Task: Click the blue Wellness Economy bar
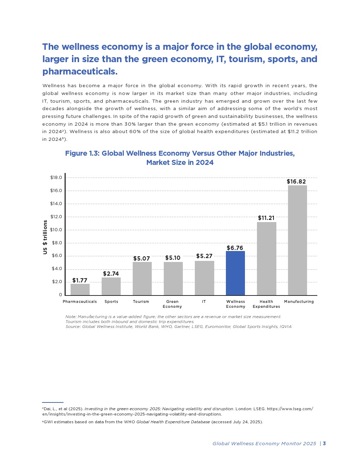[235, 273]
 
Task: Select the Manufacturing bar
[297, 240]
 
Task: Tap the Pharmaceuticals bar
[80, 289]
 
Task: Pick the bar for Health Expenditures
[266, 258]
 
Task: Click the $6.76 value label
[235, 248]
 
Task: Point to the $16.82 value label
[296, 181]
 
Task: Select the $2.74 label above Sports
[111, 274]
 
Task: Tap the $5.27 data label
[204, 256]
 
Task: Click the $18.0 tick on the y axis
[56, 178]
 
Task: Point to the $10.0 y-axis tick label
[56, 230]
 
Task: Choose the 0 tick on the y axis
[60, 295]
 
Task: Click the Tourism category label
[141, 301]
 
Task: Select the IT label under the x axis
[204, 301]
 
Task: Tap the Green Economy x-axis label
[172, 304]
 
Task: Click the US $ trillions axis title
[45, 237]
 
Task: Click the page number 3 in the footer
[324, 443]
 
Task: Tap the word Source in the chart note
[72, 327]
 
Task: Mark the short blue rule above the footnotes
[53, 402]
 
